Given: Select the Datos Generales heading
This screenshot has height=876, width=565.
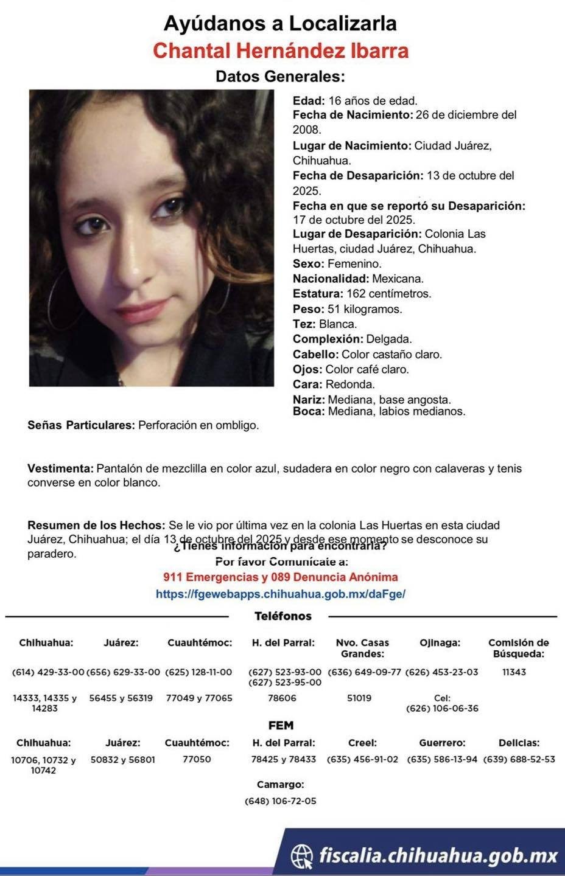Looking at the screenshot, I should (x=280, y=77).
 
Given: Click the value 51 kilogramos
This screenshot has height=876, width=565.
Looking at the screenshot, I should (x=365, y=309).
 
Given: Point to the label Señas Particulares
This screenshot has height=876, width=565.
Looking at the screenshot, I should (x=81, y=425).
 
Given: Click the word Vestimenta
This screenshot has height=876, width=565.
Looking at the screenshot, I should (x=60, y=468).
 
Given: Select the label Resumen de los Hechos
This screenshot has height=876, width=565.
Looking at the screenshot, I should (x=96, y=525).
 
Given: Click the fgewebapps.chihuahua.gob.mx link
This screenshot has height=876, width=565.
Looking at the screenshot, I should (x=281, y=594).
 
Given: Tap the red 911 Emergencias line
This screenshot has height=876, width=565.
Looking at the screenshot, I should (x=281, y=577).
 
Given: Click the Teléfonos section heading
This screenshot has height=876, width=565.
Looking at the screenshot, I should (x=282, y=616).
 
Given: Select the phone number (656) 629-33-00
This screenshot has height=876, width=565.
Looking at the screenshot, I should (x=123, y=672).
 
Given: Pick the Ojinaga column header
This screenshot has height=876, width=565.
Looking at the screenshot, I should (x=440, y=642).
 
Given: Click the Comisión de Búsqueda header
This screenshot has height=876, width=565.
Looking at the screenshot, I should (x=518, y=648).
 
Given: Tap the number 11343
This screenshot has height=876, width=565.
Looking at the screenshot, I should (x=514, y=672).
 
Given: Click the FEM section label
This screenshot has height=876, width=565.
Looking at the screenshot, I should (x=281, y=725).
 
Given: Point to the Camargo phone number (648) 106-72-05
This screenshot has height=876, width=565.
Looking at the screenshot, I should (x=280, y=801).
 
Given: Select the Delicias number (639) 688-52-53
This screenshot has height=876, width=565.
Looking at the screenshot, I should (x=519, y=759).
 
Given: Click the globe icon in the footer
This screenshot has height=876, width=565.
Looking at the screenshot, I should (x=302, y=856).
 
